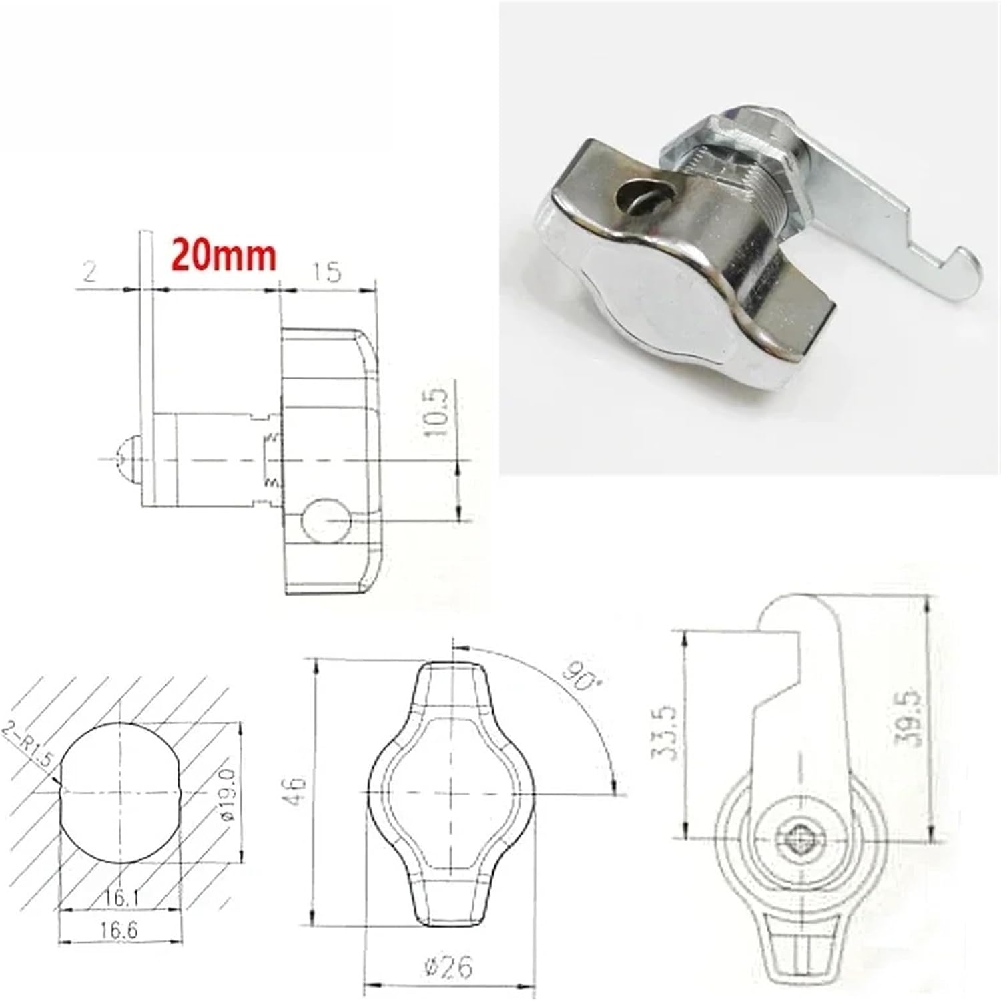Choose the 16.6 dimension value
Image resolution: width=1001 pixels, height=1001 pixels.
(121, 930)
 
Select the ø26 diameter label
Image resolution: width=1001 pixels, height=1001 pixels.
(452, 966)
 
